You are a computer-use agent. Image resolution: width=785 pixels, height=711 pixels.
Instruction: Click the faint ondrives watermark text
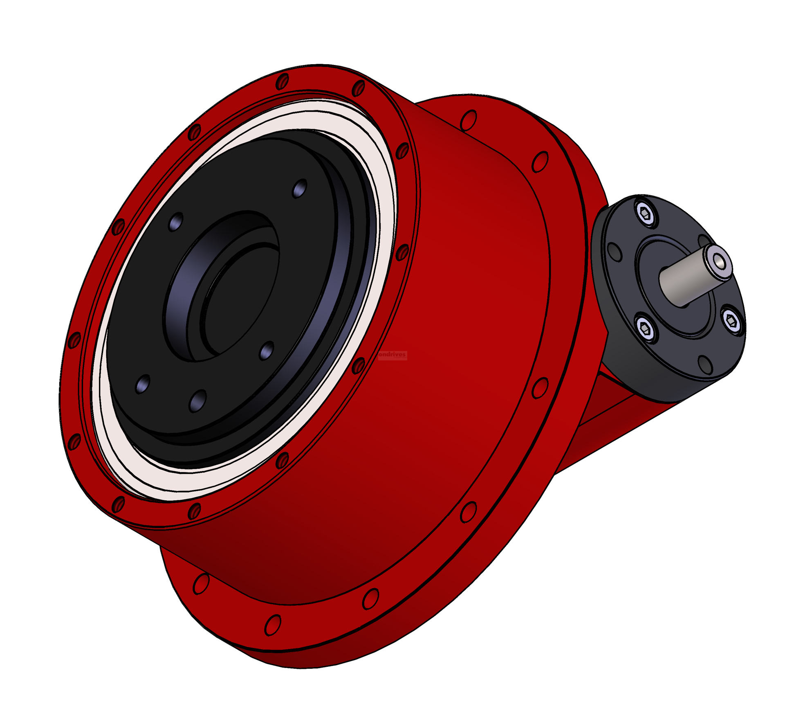coord(392,355)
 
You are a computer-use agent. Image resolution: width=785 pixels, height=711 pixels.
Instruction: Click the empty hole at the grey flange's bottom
coord(704,364)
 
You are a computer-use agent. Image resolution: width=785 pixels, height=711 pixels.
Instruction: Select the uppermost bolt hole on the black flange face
coord(300,188)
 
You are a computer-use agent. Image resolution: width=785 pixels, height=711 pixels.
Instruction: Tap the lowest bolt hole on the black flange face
coord(198,400)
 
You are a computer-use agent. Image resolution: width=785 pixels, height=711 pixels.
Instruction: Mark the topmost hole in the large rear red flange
coord(469,120)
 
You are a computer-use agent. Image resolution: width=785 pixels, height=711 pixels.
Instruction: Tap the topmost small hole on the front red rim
coord(282,81)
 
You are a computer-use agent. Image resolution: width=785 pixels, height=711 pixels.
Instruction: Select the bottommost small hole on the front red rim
coord(194,511)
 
